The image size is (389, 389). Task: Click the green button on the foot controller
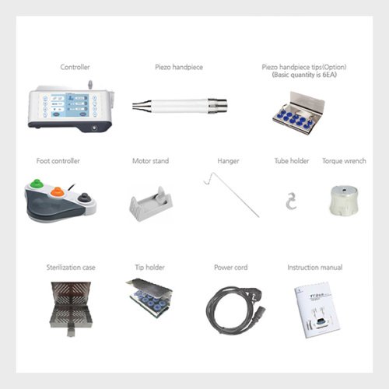(37, 184)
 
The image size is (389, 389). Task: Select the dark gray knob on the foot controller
(84, 197)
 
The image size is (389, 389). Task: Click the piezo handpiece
(180, 106)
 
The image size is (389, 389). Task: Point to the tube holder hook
(291, 201)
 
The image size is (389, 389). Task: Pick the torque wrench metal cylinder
(344, 200)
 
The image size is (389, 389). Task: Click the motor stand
(151, 204)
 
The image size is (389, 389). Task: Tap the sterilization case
(71, 308)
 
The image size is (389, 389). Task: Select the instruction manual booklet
(317, 310)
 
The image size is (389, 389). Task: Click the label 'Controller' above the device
(75, 67)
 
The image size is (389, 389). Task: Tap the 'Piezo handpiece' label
(179, 67)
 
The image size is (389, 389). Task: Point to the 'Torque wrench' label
(344, 161)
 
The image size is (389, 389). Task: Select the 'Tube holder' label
(292, 161)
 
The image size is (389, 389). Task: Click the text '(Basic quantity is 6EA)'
(304, 75)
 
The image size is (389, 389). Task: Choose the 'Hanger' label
(228, 161)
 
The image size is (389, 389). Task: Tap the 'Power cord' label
(231, 267)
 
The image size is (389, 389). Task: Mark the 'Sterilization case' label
(71, 267)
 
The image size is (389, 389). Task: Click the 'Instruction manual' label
(315, 267)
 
